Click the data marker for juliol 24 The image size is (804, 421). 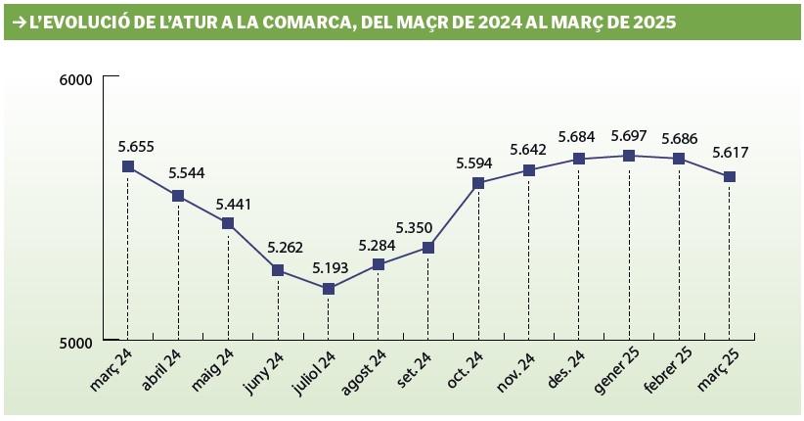[329, 289]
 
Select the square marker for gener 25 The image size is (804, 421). [629, 156]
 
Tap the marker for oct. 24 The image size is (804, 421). [478, 183]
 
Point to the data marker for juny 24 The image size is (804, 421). [278, 270]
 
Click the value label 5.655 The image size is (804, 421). [136, 147]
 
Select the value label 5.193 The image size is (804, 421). [331, 267]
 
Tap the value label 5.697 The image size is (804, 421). [629, 136]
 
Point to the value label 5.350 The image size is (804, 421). [415, 227]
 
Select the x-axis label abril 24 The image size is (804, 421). [162, 370]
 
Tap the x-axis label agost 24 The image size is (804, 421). [364, 373]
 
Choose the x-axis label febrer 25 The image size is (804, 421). [668, 371]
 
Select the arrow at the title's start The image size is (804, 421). [19, 22]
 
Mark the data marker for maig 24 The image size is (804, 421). [228, 223]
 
